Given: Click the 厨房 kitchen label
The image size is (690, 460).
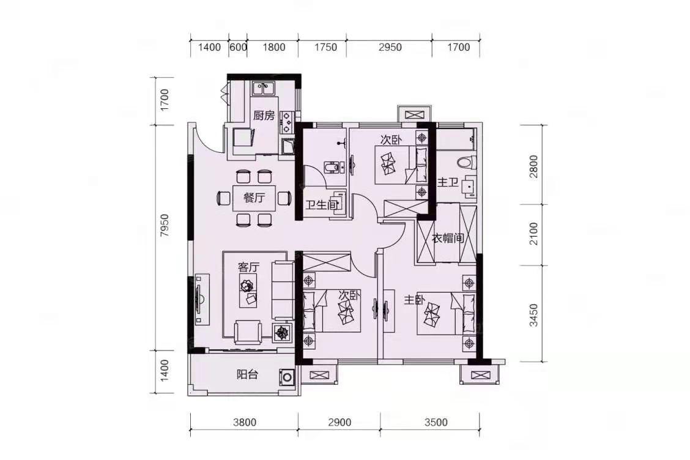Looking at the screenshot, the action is coord(264,116).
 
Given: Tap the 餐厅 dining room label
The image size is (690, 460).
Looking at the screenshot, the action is coord(254,198).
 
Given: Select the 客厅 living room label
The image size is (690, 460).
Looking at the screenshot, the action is coord(248,267).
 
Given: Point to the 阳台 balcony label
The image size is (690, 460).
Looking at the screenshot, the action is coord(247,374).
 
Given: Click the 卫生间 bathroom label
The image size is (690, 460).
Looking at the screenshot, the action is coord(322,205).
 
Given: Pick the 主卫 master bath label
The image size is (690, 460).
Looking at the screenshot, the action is coord(448,182).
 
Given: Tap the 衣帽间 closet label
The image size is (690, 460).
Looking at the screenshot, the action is coord(448,239).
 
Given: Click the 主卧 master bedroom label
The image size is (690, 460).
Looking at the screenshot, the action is coord(415,300).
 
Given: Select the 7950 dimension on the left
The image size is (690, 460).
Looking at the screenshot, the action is coord(165,226).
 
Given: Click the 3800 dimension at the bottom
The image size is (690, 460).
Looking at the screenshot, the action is coord(245,423).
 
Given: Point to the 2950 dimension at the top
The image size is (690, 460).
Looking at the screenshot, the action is coord(390,47).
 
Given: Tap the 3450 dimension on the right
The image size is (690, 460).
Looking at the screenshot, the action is coord(533,315).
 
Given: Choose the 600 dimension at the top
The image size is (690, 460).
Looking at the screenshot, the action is coord(238,47).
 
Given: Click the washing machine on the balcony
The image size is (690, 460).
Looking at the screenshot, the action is coord(287,377).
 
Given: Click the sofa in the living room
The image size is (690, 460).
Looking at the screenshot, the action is coord(283,290).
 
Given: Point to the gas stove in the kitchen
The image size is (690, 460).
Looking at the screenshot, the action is coord(286,122).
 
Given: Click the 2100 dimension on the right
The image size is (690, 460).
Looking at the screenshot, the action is coord(533,234).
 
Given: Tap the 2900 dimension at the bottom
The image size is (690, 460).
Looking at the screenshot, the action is coord(339,423).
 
